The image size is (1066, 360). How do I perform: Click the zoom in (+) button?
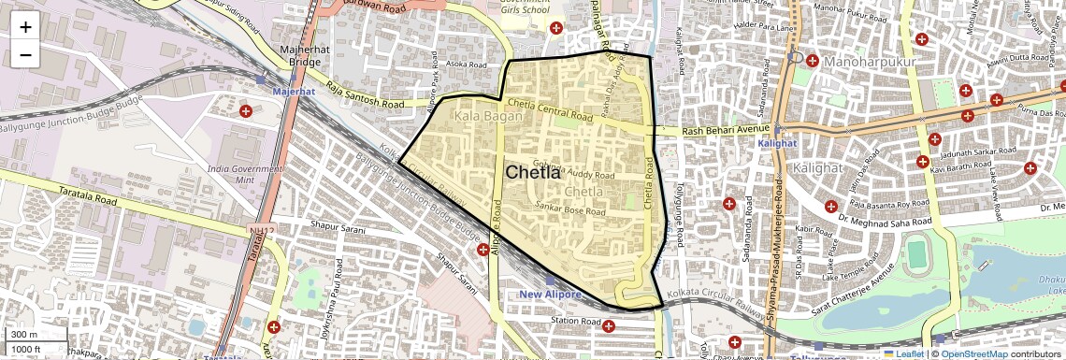[x=25, y=27]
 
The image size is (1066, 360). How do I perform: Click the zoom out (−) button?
[x=25, y=54]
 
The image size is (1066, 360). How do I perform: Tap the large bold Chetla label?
[x=533, y=172]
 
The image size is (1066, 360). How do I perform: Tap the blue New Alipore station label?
[x=551, y=295]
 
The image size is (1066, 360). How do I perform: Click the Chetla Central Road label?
[x=550, y=109]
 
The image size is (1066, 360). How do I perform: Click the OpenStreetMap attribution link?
[x=974, y=353]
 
